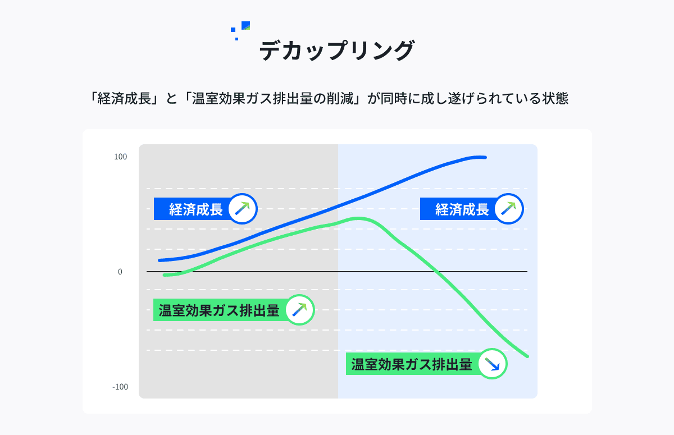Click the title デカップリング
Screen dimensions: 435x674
tap(336, 51)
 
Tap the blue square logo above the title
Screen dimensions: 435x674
tap(245, 25)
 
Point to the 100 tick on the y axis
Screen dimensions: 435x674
tap(121, 157)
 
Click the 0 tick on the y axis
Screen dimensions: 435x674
tap(120, 272)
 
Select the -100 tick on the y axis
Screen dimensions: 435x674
tap(120, 387)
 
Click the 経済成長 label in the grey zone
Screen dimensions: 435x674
tap(195, 209)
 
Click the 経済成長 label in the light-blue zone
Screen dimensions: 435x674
tap(462, 209)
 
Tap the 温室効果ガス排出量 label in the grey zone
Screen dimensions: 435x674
tap(219, 310)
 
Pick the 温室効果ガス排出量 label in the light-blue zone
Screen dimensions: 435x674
tap(412, 364)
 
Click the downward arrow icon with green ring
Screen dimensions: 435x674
tap(492, 364)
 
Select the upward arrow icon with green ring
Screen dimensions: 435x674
tap(299, 310)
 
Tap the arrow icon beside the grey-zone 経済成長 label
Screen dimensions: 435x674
tap(242, 209)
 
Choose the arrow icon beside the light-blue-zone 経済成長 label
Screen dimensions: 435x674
tap(508, 209)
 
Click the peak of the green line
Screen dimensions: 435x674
tap(359, 218)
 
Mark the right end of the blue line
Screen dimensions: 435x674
tap(485, 158)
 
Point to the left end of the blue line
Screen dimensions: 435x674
tap(160, 260)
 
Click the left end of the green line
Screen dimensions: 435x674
tap(164, 275)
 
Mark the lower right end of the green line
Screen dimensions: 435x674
tap(527, 356)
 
